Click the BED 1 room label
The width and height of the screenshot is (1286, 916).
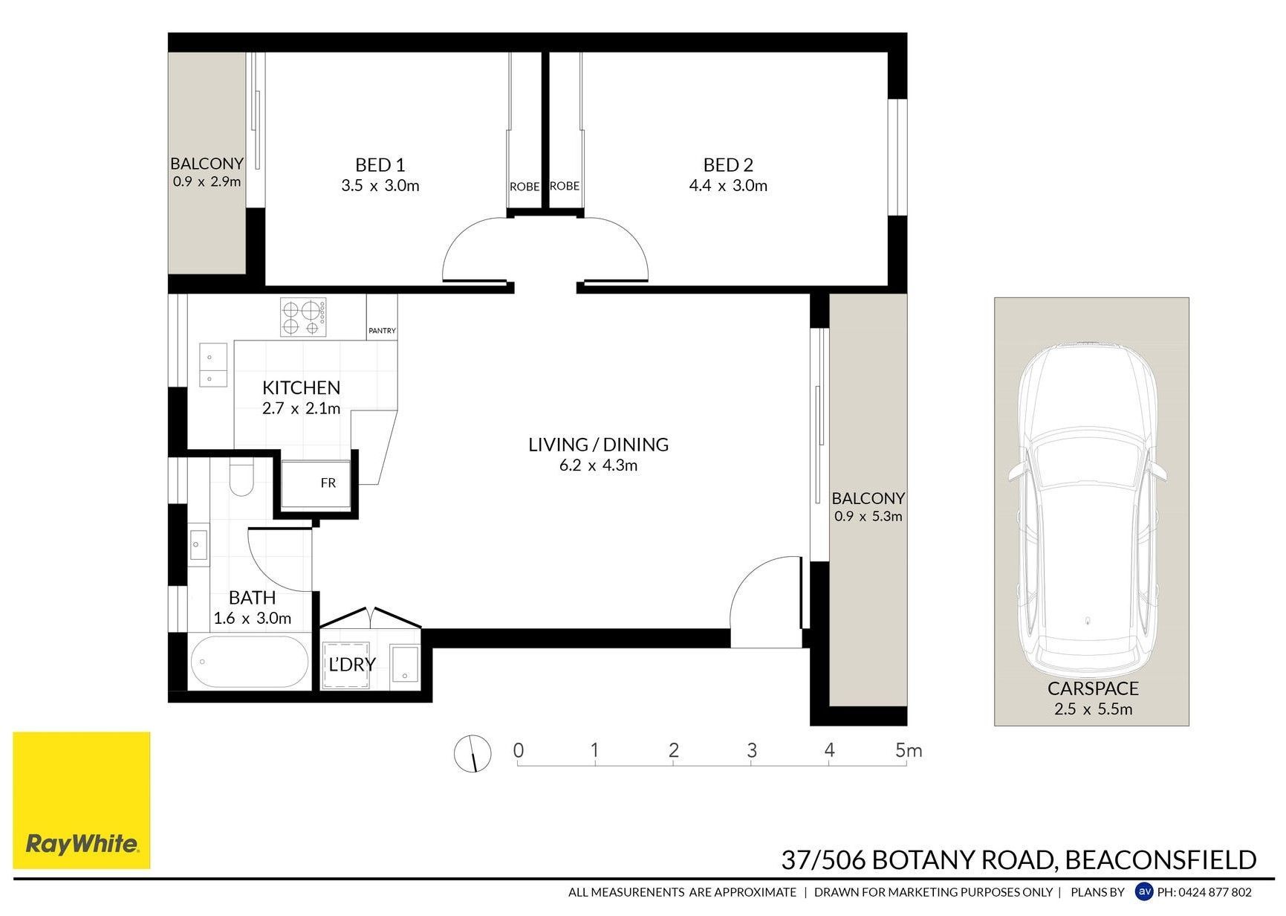(380, 165)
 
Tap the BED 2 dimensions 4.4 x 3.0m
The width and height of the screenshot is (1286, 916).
(728, 186)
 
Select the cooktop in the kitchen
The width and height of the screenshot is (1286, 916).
(303, 317)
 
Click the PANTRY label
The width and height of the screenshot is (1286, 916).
(382, 330)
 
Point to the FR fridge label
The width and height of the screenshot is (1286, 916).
(328, 483)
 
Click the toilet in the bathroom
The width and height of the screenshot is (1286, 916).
(241, 477)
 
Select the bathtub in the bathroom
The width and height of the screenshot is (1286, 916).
(249, 662)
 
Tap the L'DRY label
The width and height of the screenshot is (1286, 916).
(352, 664)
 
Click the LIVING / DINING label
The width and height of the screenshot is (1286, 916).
(598, 445)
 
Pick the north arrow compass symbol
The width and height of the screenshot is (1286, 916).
(472, 753)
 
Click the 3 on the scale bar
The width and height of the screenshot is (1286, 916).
(752, 750)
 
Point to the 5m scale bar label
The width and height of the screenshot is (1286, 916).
(909, 750)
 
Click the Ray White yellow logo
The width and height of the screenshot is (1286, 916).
(82, 800)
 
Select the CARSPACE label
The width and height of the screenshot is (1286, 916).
(1093, 688)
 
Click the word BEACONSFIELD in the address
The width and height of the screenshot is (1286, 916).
(1160, 860)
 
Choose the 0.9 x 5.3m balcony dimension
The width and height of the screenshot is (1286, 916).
(868, 516)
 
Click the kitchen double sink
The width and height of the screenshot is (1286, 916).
(210, 364)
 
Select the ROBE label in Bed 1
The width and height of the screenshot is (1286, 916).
(525, 187)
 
